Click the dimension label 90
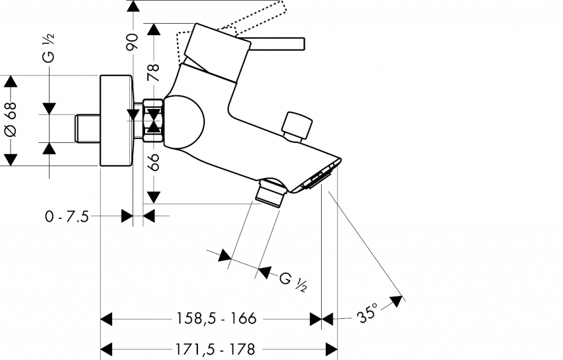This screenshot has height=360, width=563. (133, 42)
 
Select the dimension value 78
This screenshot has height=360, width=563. (154, 72)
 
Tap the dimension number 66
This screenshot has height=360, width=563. (154, 162)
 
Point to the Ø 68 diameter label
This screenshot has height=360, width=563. (11, 119)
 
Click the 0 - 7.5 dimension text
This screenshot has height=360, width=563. (67, 217)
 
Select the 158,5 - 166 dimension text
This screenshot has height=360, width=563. (216, 318)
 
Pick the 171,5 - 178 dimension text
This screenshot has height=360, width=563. (215, 349)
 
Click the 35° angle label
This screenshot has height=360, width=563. (367, 313)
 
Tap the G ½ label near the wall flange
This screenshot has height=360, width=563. (49, 48)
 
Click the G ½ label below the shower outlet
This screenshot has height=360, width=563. (293, 282)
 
